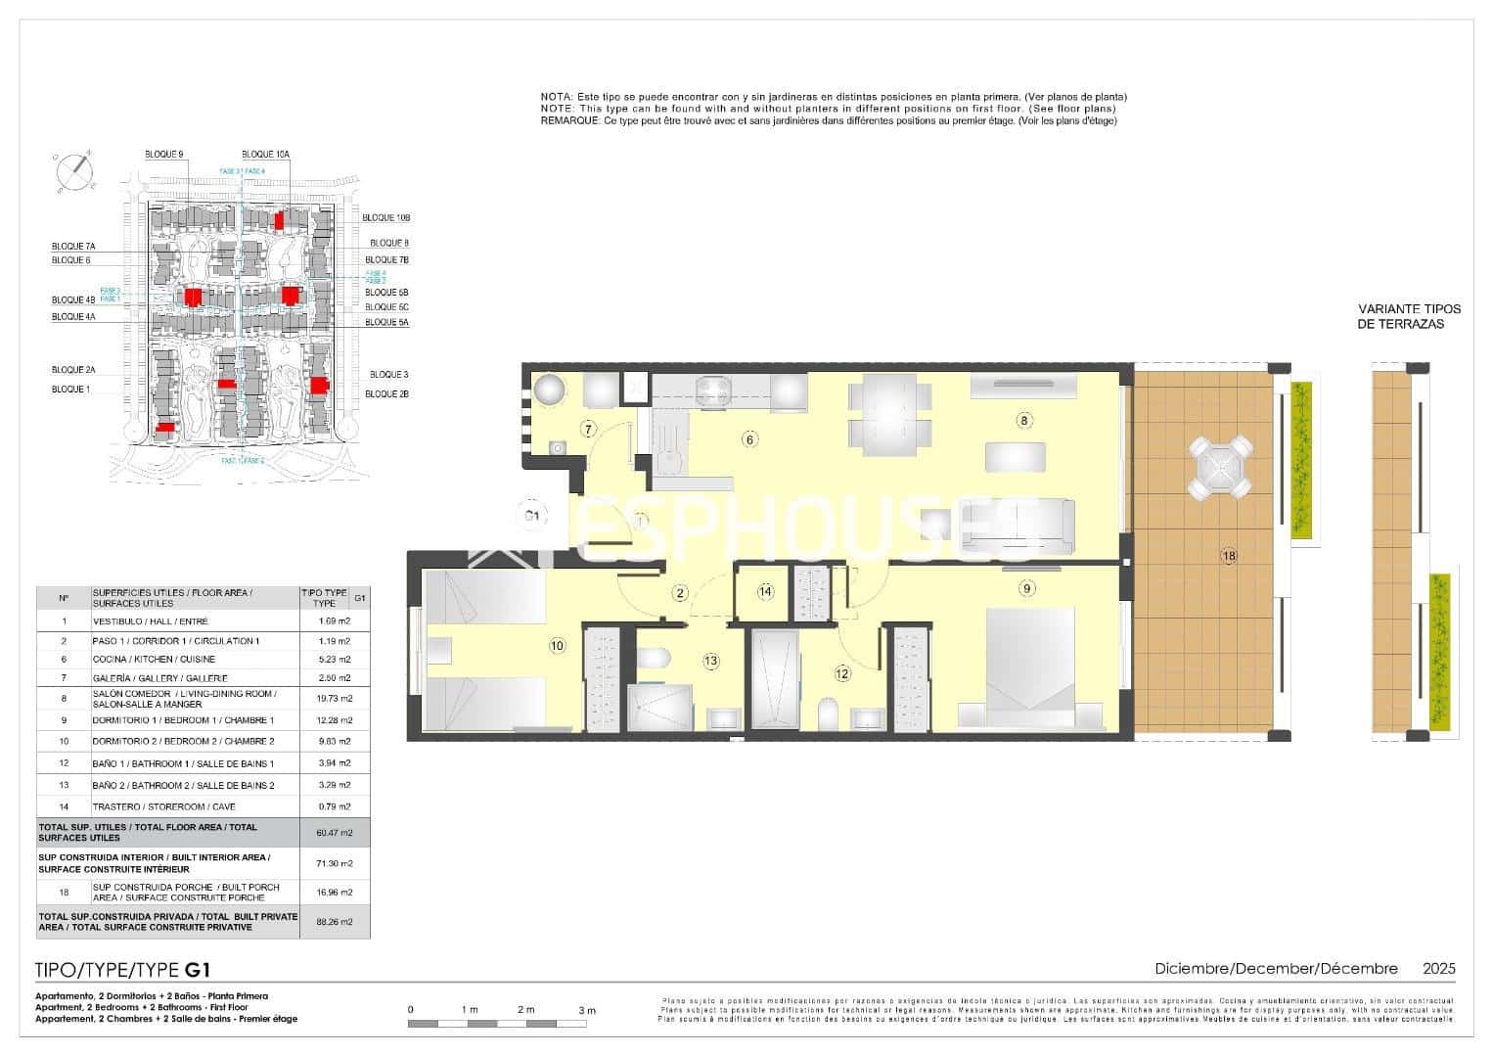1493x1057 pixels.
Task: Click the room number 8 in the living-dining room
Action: click(x=1023, y=421)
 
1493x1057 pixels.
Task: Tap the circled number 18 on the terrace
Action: click(x=1229, y=556)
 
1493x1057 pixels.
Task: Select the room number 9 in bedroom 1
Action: click(x=1026, y=588)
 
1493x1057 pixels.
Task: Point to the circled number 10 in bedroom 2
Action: click(x=557, y=645)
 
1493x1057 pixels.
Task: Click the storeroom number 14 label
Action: click(x=765, y=591)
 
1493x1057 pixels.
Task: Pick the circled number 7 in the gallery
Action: click(x=588, y=429)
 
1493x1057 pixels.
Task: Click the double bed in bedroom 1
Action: click(x=1030, y=666)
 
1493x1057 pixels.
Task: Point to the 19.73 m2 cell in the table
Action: click(x=335, y=699)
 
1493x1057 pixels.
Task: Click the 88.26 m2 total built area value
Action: click(x=335, y=922)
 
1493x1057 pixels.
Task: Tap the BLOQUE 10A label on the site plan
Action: click(x=265, y=155)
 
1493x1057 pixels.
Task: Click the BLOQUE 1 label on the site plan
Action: click(x=70, y=390)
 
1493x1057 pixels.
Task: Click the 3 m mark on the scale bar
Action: click(x=586, y=1010)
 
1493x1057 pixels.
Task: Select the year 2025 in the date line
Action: click(x=1438, y=969)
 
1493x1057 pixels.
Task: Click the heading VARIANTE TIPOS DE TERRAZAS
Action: click(x=1401, y=316)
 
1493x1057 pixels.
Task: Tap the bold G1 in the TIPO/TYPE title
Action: click(x=198, y=971)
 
